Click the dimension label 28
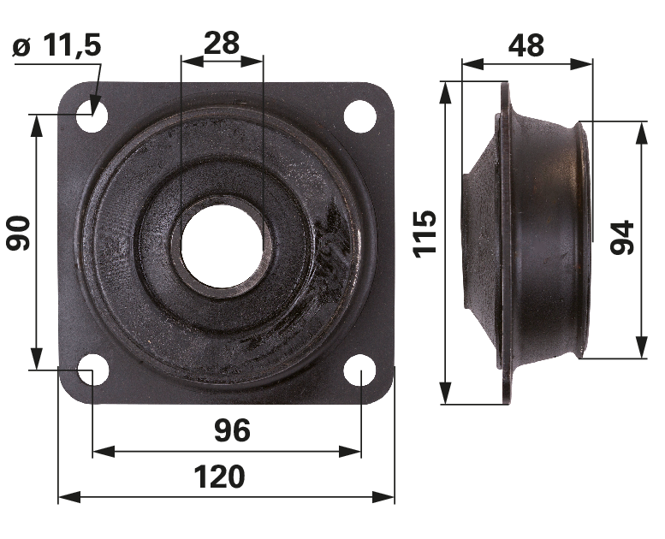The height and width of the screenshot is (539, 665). click(222, 43)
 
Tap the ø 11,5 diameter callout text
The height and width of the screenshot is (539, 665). click(57, 46)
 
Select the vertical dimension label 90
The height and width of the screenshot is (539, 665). click(18, 233)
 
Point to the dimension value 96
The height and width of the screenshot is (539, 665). click(232, 430)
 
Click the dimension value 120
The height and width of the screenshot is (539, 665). click(219, 477)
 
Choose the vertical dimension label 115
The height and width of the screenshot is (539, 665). click(425, 234)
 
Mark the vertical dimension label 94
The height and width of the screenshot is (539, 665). click(621, 238)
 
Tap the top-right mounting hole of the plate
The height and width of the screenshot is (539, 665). click(360, 116)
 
